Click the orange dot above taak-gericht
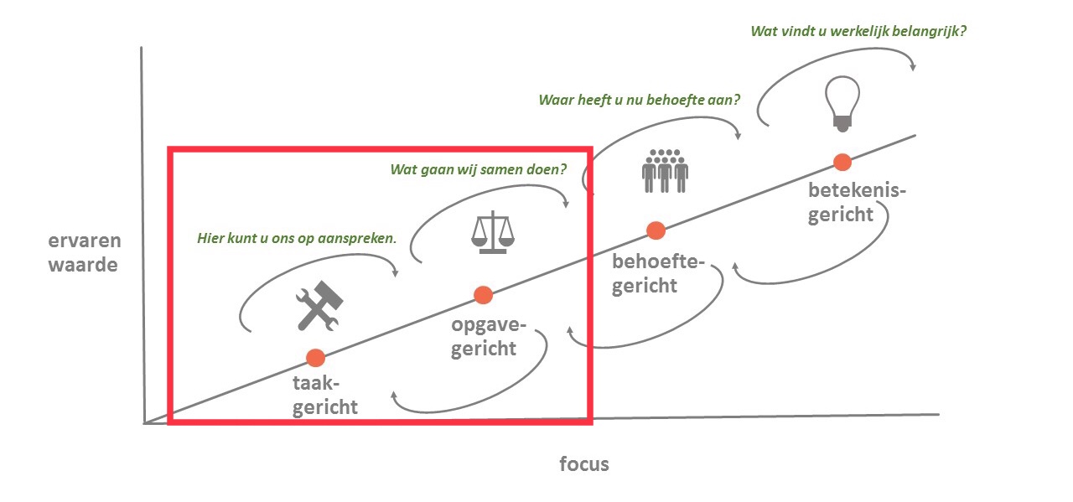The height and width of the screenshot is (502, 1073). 315,358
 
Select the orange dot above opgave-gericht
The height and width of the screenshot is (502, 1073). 482,294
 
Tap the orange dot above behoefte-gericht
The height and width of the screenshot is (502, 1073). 656,230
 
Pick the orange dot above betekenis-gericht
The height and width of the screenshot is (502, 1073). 842,162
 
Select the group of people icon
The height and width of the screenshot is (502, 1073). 665,170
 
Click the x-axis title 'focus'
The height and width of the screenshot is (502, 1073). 584,463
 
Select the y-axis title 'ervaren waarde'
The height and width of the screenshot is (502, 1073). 85,253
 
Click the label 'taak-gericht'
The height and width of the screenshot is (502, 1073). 325,396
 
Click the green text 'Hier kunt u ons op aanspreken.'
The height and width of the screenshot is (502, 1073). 296,238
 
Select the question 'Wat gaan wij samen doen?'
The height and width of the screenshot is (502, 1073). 478,169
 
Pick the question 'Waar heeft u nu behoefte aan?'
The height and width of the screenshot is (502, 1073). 639,100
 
